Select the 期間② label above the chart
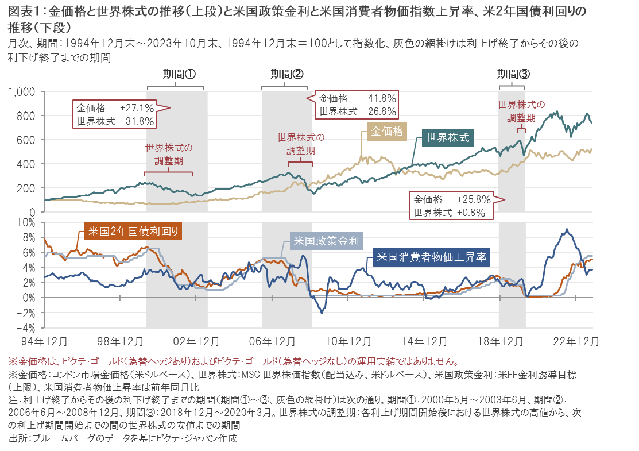tap(286, 74)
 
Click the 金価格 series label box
tap(386, 131)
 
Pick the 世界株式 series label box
tap(447, 137)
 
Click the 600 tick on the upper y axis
tap(28, 140)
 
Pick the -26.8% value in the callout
tap(379, 111)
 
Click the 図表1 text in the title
tap(26, 11)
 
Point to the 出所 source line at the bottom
tap(122, 438)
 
